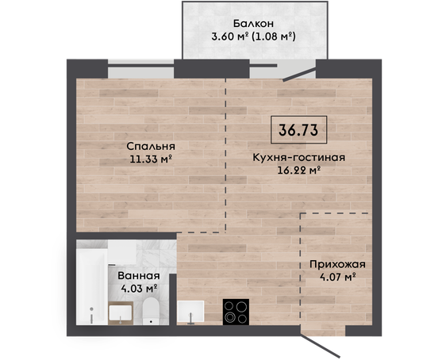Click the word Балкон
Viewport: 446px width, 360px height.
click(253, 24)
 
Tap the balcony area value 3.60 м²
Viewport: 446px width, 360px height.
click(230, 36)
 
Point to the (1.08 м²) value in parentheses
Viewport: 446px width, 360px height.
click(273, 36)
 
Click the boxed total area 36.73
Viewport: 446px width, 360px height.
click(298, 130)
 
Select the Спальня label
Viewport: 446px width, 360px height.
click(151, 147)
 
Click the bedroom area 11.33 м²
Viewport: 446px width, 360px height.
click(151, 159)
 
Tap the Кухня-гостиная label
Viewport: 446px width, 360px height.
click(299, 158)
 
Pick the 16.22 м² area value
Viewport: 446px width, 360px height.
click(299, 170)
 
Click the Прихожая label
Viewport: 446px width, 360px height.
click(337, 264)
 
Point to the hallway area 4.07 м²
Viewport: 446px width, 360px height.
click(338, 277)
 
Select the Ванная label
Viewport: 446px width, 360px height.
click(139, 276)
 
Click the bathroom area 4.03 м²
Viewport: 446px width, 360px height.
click(139, 289)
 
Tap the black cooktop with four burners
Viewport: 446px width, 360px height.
click(236, 312)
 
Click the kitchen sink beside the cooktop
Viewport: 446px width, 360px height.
click(190, 312)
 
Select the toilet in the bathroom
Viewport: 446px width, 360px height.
click(151, 312)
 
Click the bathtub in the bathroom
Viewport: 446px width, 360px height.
click(91, 287)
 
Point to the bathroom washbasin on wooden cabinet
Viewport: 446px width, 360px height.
click(121, 313)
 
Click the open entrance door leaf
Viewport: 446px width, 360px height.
click(321, 345)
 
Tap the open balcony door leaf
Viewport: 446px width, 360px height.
click(299, 75)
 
